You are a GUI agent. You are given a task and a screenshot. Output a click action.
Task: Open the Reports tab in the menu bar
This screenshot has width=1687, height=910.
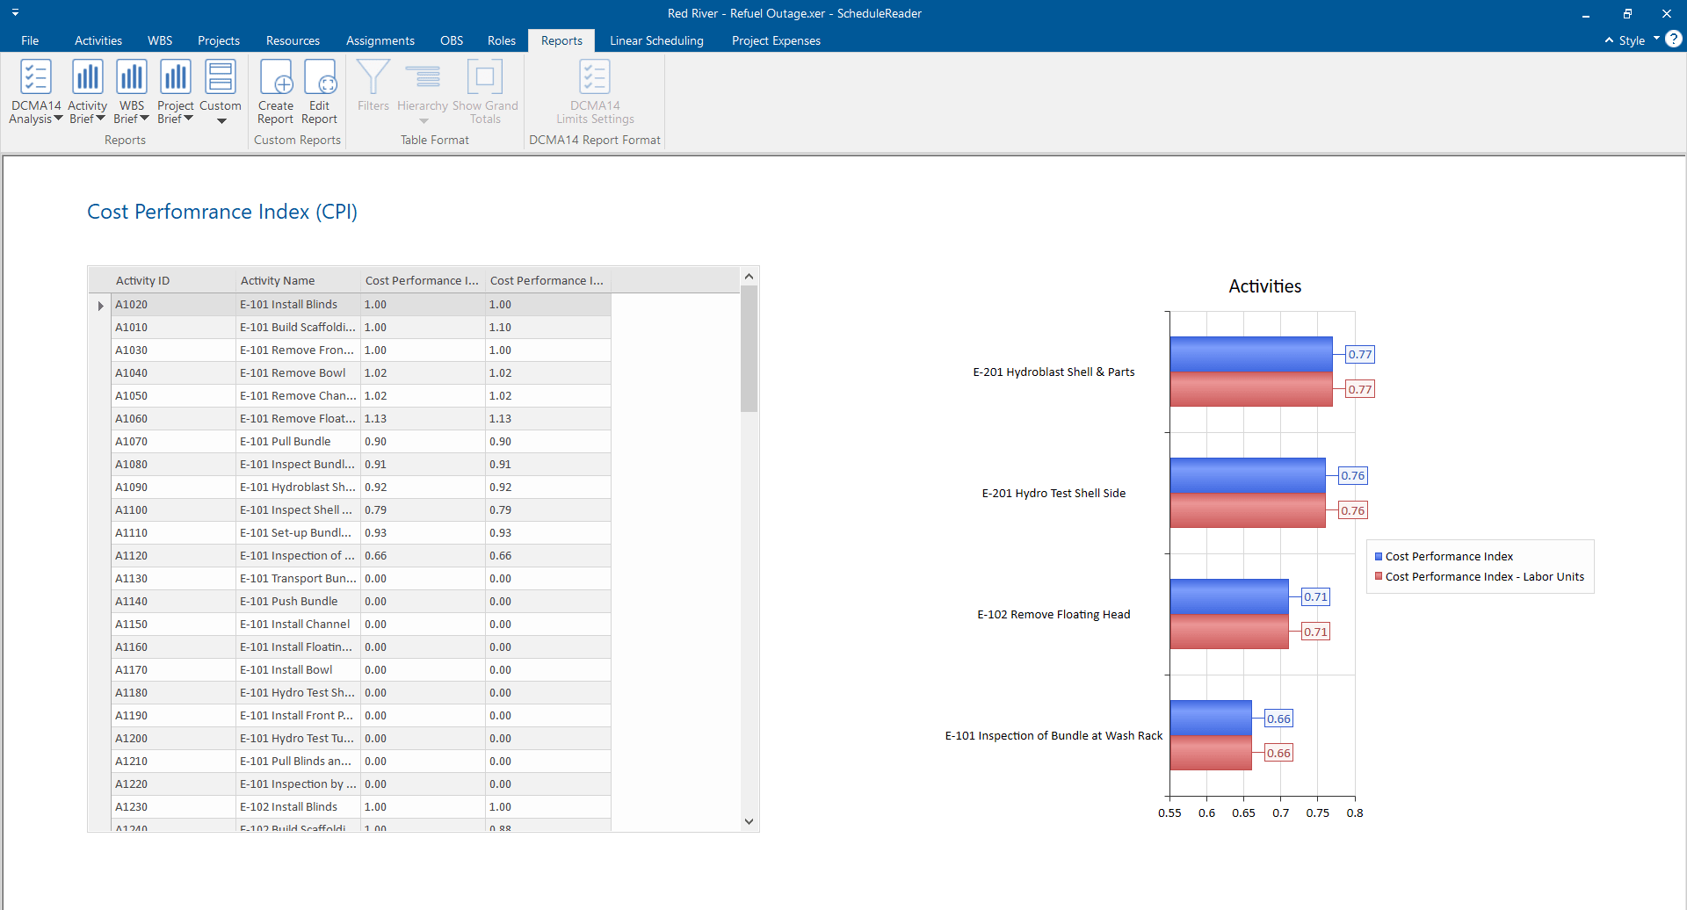point(561,40)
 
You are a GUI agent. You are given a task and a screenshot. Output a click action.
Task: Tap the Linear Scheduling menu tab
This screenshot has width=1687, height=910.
point(656,40)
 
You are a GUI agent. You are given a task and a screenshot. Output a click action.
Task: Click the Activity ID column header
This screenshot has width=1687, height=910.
point(143,281)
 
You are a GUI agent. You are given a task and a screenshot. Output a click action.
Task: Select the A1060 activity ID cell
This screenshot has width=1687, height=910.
point(132,419)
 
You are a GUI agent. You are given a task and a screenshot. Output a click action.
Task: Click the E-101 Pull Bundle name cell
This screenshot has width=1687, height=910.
point(286,442)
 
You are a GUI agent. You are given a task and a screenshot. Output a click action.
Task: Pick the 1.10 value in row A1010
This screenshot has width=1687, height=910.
point(500,328)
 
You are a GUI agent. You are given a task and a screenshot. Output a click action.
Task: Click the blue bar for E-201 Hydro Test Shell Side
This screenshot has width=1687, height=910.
point(1247,476)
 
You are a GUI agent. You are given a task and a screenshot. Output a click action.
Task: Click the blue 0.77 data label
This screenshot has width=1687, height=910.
point(1359,355)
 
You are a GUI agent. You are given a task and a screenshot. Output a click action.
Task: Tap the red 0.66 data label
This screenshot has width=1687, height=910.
point(1278,753)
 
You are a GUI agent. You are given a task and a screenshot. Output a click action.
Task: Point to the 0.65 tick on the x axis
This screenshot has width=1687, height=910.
point(1243,813)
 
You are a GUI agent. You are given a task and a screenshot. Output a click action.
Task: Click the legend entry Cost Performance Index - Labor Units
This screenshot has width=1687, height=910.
point(1484,577)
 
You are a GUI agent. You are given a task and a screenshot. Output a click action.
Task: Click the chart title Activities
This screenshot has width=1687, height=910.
point(1264,286)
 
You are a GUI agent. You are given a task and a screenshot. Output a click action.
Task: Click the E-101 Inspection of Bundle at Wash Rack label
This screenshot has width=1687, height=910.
point(1053,736)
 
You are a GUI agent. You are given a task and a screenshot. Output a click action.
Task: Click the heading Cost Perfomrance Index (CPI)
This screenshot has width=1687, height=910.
point(222,213)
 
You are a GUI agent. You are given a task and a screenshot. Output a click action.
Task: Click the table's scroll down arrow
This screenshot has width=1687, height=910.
point(749,822)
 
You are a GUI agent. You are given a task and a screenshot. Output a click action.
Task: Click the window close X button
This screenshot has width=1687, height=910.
point(1666,13)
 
